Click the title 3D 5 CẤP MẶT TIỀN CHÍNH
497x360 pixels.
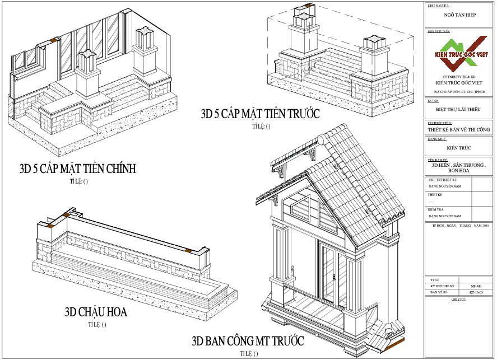tap(78, 169)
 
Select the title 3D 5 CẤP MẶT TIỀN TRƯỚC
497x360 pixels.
tap(261, 114)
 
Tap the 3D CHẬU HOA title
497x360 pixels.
tap(96, 312)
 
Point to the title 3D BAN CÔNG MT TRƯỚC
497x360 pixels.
tap(248, 341)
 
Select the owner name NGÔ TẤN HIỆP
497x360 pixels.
tap(459, 15)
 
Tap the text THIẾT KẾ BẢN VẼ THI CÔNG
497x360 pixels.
tap(459, 129)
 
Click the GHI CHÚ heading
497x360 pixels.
tap(435, 300)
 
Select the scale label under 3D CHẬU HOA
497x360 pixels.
tap(96, 324)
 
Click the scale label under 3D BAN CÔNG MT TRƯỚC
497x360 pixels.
tap(249, 353)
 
